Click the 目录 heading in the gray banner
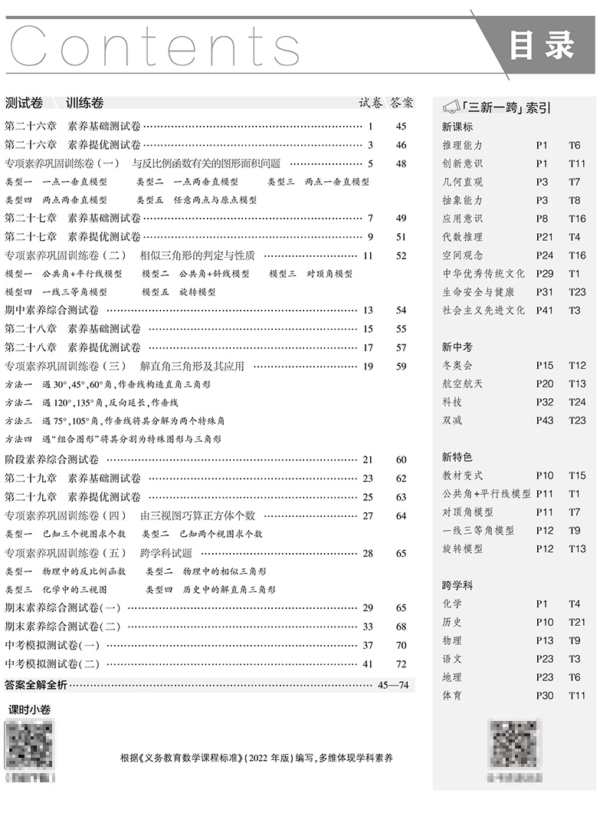click(x=542, y=46)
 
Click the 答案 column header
click(x=402, y=102)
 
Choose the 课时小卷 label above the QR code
click(x=29, y=710)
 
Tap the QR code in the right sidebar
click(x=514, y=744)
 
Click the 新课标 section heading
click(x=457, y=127)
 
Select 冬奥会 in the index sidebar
click(x=457, y=365)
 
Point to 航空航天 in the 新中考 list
click(x=463, y=383)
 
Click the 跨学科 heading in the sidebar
click(x=457, y=585)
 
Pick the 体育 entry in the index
click(x=452, y=696)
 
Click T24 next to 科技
click(x=577, y=402)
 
